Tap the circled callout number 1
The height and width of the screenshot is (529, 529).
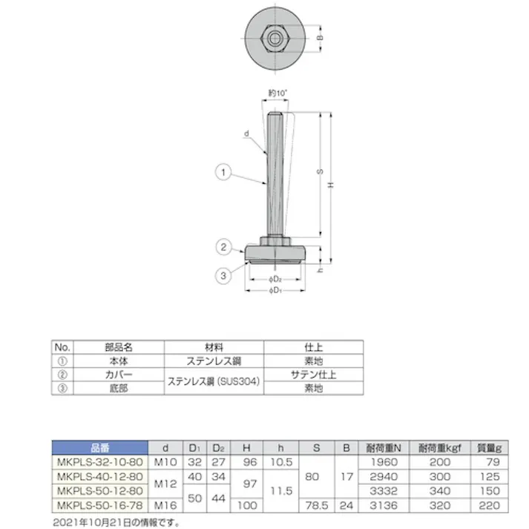[221, 172]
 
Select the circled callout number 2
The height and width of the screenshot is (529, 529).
[221, 247]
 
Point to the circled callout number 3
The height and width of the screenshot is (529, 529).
[221, 276]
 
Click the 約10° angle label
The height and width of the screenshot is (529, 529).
[277, 93]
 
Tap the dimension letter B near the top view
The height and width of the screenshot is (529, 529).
[320, 35]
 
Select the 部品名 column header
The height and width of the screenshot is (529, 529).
[117, 346]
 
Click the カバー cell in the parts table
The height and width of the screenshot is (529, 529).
[117, 374]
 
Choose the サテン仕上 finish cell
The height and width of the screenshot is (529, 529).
[314, 374]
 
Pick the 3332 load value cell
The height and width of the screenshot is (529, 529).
[385, 490]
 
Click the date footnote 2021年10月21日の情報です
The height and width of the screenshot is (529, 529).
[116, 521]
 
